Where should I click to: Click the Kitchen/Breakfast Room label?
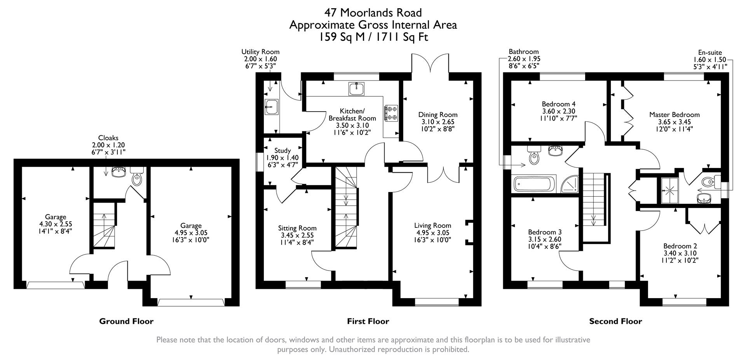tap(352, 115)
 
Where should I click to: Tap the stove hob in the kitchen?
tap(391, 113)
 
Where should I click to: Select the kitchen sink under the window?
tap(356, 89)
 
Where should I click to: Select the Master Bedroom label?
tap(674, 115)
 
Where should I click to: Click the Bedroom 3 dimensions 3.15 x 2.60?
tap(544, 239)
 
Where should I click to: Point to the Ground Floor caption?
tap(126, 321)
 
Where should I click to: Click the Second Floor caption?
tap(615, 321)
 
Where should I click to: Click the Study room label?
tap(282, 151)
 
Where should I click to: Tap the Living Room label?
tap(432, 225)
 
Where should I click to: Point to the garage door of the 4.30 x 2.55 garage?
tap(55, 285)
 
